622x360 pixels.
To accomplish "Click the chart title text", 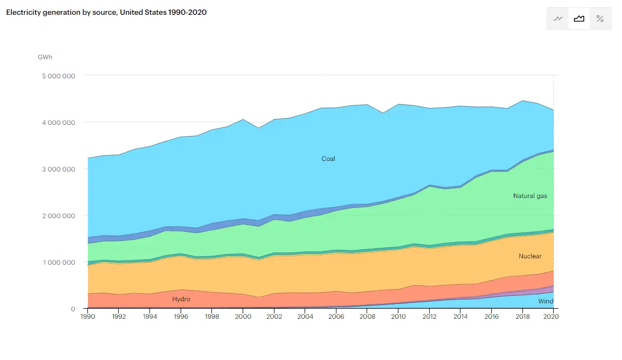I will (x=106, y=12).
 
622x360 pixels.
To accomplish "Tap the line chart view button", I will (x=558, y=19).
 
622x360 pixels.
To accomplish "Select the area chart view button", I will (x=579, y=19).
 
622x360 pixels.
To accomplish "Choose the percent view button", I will (x=600, y=19).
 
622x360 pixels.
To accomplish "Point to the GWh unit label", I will (x=45, y=57).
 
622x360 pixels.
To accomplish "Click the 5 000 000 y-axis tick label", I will (x=58, y=76).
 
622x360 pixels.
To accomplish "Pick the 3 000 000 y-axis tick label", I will (x=58, y=169).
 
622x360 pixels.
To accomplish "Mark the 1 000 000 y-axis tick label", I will (x=58, y=262).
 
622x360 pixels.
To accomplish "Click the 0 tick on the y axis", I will (x=73, y=309).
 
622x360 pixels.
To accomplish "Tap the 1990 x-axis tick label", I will (x=87, y=317).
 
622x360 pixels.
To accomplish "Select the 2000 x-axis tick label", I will (x=243, y=317).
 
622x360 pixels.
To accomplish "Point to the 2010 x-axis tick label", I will (x=398, y=317).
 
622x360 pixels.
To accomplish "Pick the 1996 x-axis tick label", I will (x=181, y=317).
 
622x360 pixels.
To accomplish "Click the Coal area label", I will (x=328, y=159).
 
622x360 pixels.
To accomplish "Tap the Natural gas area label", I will (x=530, y=196).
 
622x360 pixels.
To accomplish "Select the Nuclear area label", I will (x=530, y=256).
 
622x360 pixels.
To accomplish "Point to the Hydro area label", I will (x=181, y=299).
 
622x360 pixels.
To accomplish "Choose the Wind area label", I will (x=545, y=301).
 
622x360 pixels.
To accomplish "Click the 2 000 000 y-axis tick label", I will (x=58, y=215).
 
